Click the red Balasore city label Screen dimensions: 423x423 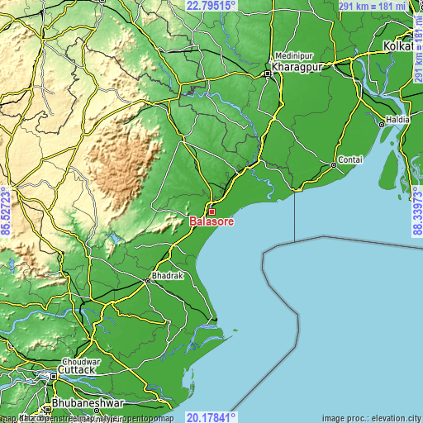212,222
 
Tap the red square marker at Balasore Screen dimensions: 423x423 211,211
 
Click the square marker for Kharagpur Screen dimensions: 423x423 268,73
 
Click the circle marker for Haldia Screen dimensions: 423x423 381,124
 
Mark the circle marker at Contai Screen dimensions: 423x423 333,164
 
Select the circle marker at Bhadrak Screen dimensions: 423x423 148,281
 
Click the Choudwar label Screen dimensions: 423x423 80,362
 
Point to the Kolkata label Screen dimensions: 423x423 402,46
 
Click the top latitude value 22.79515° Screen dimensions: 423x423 211,6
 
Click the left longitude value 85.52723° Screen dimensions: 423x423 6,211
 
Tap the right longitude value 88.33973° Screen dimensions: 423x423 416,211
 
